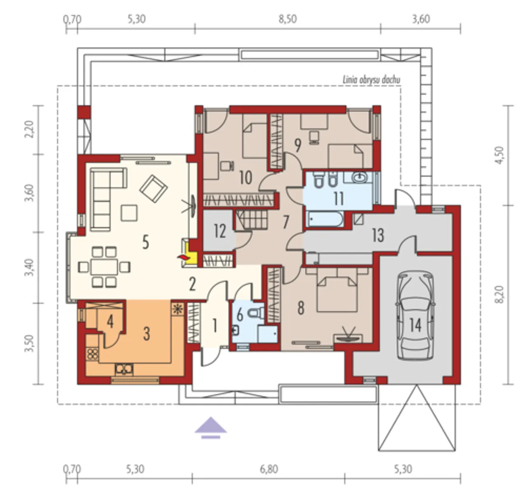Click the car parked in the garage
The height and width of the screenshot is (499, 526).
tap(415, 316)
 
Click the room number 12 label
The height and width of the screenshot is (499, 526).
tap(220, 231)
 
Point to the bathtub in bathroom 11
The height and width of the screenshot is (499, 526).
tap(325, 219)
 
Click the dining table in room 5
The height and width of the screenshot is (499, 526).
tap(104, 267)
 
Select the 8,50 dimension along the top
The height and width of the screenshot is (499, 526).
tap(288, 20)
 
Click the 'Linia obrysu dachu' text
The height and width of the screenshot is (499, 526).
tap(371, 80)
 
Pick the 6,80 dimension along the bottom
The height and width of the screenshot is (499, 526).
tap(269, 469)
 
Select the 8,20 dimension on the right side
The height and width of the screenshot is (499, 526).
tap(500, 294)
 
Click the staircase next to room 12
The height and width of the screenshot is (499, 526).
tap(251, 220)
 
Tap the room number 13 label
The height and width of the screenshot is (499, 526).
tap(378, 236)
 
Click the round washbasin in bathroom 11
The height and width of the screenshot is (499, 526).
tap(360, 177)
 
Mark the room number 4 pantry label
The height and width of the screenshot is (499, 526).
tap(110, 321)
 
